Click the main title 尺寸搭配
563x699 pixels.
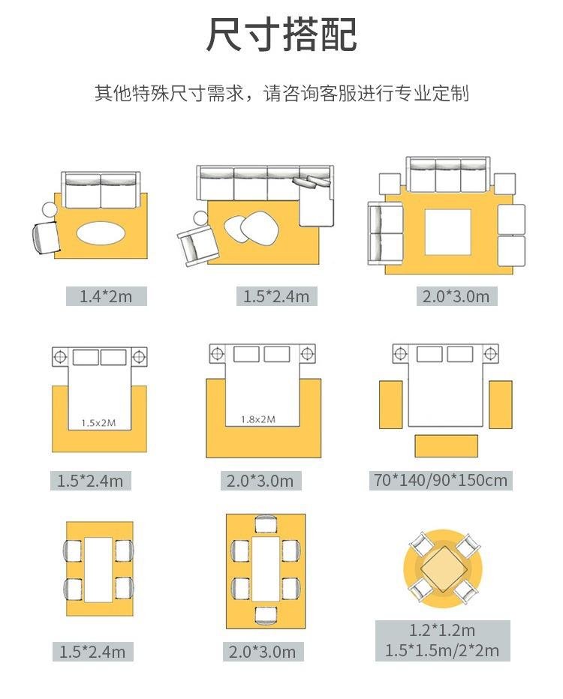[x=281, y=35]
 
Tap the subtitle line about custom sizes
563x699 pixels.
[x=281, y=94]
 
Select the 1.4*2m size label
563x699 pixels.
[x=106, y=296]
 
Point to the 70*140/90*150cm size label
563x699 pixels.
[x=440, y=480]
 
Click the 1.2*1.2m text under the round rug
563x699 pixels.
[x=442, y=630]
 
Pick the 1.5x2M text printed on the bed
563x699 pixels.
[x=98, y=422]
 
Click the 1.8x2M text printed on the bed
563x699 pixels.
[x=257, y=419]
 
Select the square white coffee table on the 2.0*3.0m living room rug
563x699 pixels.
[x=448, y=232]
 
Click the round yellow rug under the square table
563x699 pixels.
[x=411, y=592]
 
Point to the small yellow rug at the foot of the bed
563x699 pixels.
[x=446, y=445]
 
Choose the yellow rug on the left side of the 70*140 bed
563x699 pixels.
[x=390, y=404]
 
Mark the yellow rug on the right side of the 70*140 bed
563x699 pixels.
[x=501, y=404]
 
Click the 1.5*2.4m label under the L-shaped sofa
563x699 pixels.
[x=275, y=296]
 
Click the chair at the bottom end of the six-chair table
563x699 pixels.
[x=265, y=614]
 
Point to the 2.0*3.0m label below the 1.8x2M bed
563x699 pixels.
[x=260, y=480]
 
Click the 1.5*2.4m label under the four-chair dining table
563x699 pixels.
[x=92, y=652]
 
